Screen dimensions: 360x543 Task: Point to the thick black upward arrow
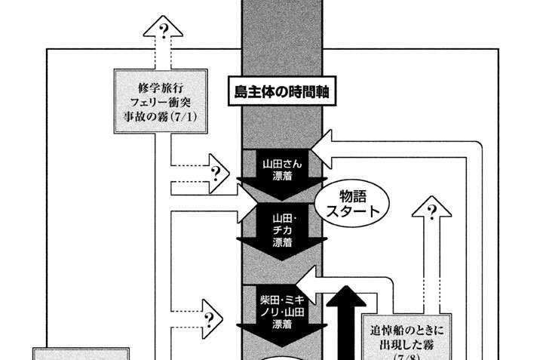[348, 317]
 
